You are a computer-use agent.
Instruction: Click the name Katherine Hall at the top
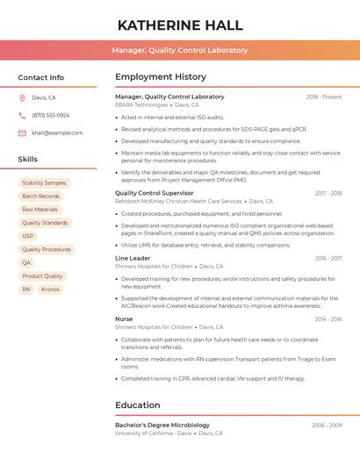click(180, 25)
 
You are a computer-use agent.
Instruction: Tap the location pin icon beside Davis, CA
click(22, 97)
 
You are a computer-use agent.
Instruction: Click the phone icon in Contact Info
click(22, 115)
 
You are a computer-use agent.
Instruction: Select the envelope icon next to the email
click(22, 132)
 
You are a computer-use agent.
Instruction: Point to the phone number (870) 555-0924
click(50, 115)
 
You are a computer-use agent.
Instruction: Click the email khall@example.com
click(57, 132)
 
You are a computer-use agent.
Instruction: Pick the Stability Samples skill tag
click(44, 182)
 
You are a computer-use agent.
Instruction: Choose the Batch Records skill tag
click(40, 196)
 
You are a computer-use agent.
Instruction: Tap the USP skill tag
click(27, 236)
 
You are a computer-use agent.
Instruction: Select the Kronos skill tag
click(50, 289)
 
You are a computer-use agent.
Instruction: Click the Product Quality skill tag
click(42, 275)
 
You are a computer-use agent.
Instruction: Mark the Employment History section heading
click(161, 76)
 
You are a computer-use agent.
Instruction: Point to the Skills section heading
click(28, 159)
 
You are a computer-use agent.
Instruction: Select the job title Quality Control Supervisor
click(155, 193)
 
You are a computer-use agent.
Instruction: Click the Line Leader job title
click(133, 258)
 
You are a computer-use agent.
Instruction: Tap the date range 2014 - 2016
click(328, 319)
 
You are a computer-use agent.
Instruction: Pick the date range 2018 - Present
click(324, 97)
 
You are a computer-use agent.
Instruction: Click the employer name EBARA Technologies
click(141, 104)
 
